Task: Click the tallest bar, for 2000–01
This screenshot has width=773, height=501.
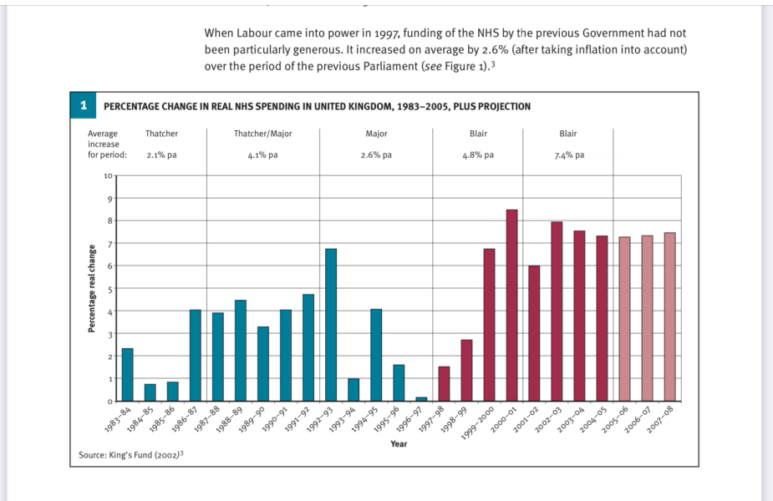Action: (512, 306)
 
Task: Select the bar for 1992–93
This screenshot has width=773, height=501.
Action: (331, 325)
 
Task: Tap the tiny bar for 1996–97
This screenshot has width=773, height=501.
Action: (421, 399)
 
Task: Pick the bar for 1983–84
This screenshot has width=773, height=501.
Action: (128, 375)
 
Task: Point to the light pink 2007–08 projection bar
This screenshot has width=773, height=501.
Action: (669, 317)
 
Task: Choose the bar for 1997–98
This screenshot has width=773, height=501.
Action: (445, 384)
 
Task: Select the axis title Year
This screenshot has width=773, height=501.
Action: (399, 444)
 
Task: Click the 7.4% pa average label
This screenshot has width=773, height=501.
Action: (568, 155)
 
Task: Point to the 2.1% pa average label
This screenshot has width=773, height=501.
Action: (160, 155)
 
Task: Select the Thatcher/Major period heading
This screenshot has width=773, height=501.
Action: (263, 134)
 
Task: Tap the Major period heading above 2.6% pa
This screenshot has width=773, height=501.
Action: (376, 134)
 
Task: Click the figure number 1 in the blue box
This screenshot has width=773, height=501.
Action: (83, 106)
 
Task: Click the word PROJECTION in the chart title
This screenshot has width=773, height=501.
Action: (501, 107)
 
